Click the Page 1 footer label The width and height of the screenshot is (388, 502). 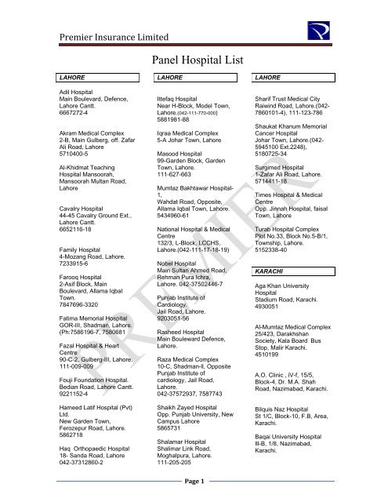[193, 481]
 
